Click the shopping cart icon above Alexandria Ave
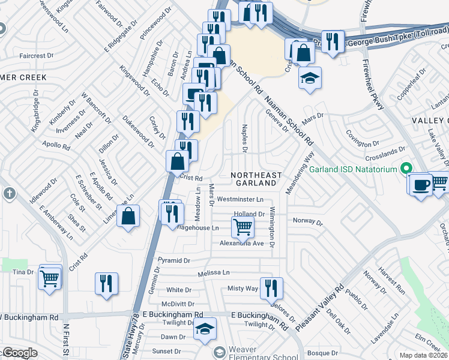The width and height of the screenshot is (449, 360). pos(243,227)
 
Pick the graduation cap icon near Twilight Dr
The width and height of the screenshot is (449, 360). pos(205,329)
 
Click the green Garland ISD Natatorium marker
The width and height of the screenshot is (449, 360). pos(406,169)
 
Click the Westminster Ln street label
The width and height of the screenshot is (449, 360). pos(240,199)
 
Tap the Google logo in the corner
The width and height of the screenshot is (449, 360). pos(20,353)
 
